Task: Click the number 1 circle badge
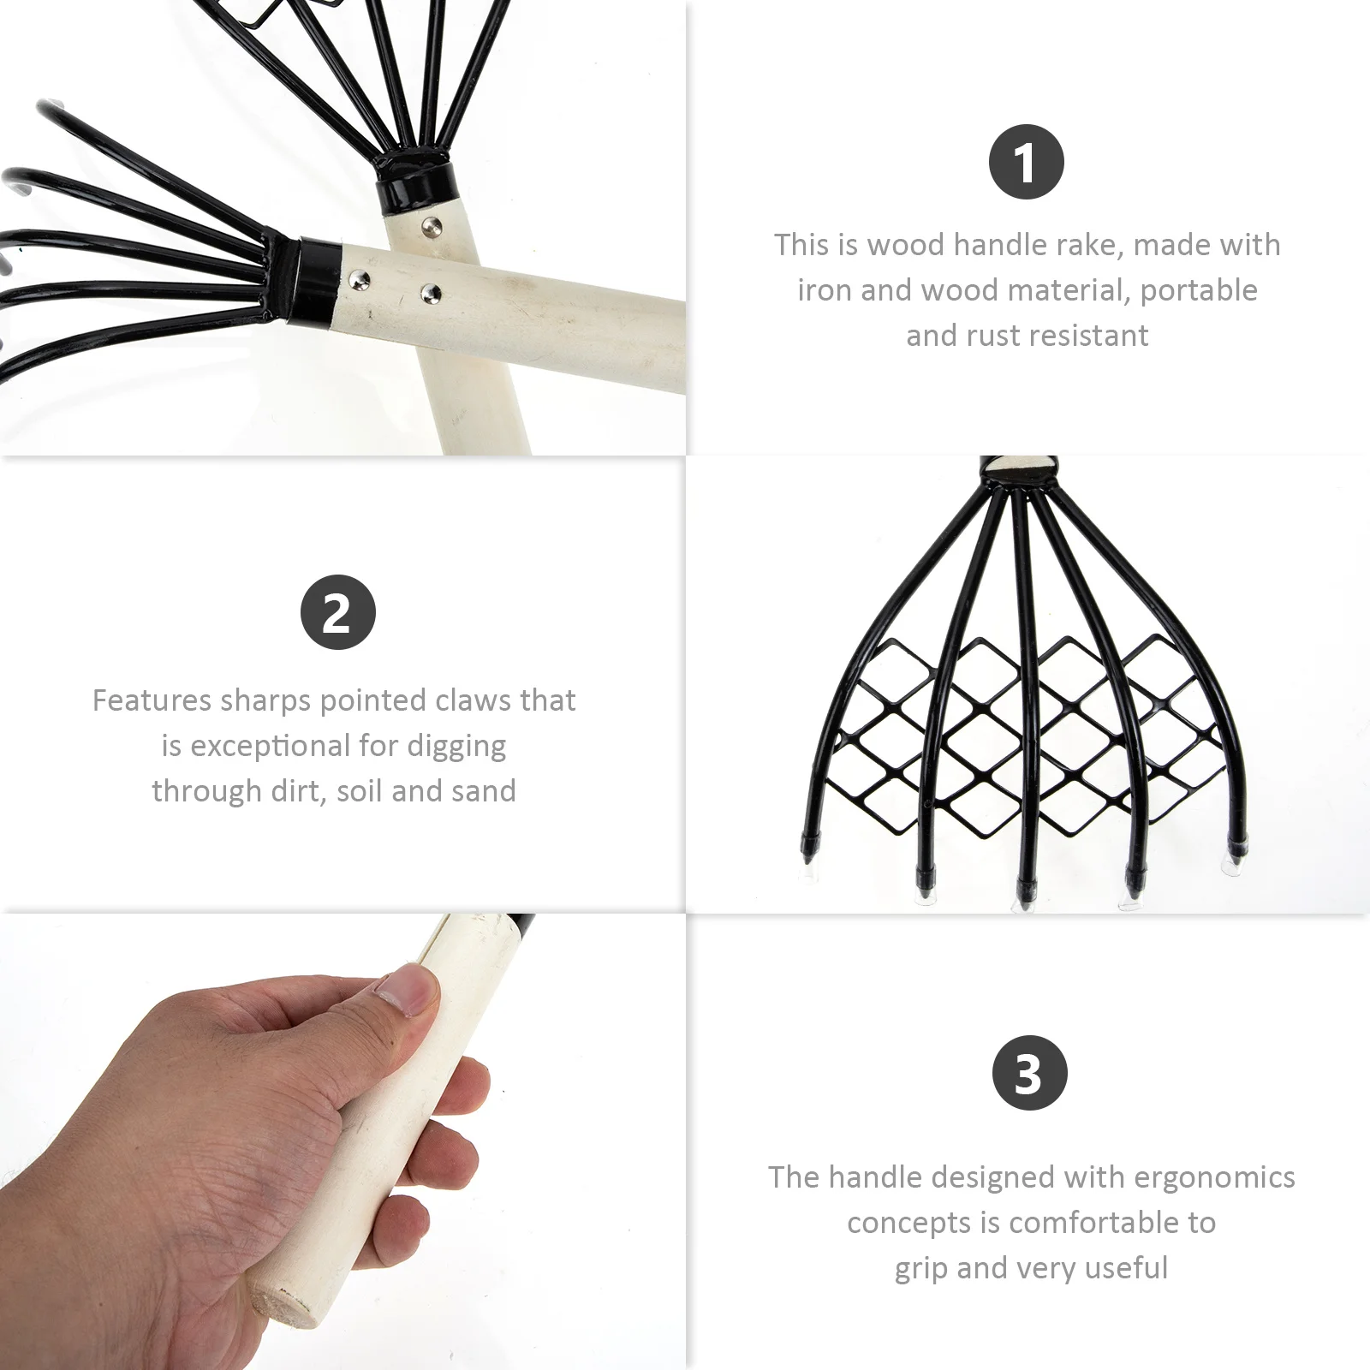[1026, 162]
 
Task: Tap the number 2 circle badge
[338, 612]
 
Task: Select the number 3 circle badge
[1029, 1073]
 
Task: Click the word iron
[825, 291]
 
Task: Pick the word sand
[483, 791]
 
